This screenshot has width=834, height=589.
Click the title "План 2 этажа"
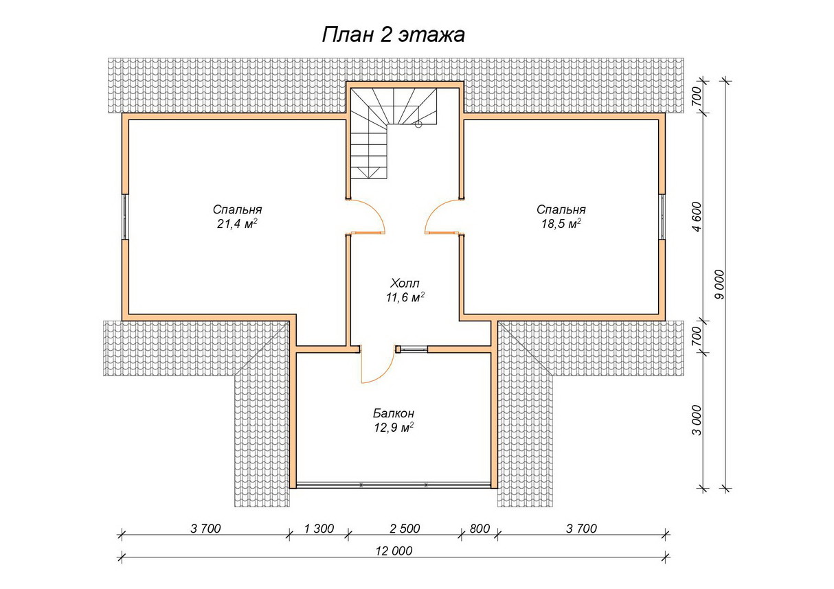point(393,35)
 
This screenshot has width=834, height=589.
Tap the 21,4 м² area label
point(237,224)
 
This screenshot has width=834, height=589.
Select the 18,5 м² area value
point(561,224)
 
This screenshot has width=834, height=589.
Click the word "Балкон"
point(394,413)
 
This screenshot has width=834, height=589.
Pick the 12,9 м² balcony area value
point(394,428)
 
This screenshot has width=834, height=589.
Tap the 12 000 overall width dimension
point(394,551)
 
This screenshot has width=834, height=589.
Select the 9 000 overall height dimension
point(721,284)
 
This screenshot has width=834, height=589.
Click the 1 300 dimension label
point(319,529)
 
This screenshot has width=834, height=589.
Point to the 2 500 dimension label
point(405,529)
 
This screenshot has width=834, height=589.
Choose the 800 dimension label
point(480,529)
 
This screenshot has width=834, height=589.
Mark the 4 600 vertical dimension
point(697,216)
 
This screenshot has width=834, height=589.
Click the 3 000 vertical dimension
point(697,420)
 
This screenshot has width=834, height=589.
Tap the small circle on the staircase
point(418,125)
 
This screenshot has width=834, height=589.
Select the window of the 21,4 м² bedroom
point(126,216)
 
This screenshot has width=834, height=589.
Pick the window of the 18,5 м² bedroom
point(662,216)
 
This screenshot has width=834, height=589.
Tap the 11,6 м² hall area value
point(405,298)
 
